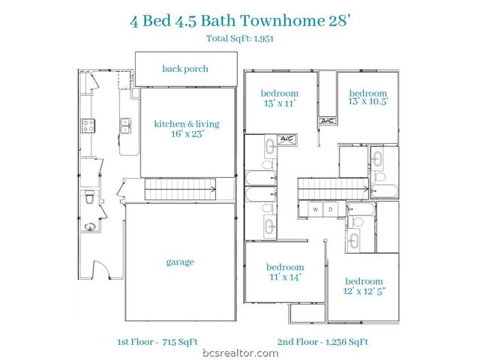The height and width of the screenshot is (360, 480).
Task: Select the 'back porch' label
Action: pos(185,69)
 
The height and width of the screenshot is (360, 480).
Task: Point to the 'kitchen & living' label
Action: pos(187,124)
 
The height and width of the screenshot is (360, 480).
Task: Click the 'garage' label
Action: pos(180,262)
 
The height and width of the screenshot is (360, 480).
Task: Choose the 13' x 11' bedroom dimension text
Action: pos(280,103)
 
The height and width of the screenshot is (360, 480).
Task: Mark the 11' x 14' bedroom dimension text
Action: pos(285,277)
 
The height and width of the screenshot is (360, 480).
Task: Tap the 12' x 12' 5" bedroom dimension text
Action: pos(364,292)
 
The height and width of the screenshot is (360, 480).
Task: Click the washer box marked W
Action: pos(315,209)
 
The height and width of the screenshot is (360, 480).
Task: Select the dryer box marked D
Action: pos(330,209)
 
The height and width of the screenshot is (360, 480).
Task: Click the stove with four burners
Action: pos(87,126)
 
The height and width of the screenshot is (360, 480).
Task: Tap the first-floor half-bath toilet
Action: pos(88,198)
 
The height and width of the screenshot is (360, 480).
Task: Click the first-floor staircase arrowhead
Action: pos(214,190)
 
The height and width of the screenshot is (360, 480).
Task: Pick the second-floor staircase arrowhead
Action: pos(365,190)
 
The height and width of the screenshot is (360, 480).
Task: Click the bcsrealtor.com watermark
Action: pos(239,352)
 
